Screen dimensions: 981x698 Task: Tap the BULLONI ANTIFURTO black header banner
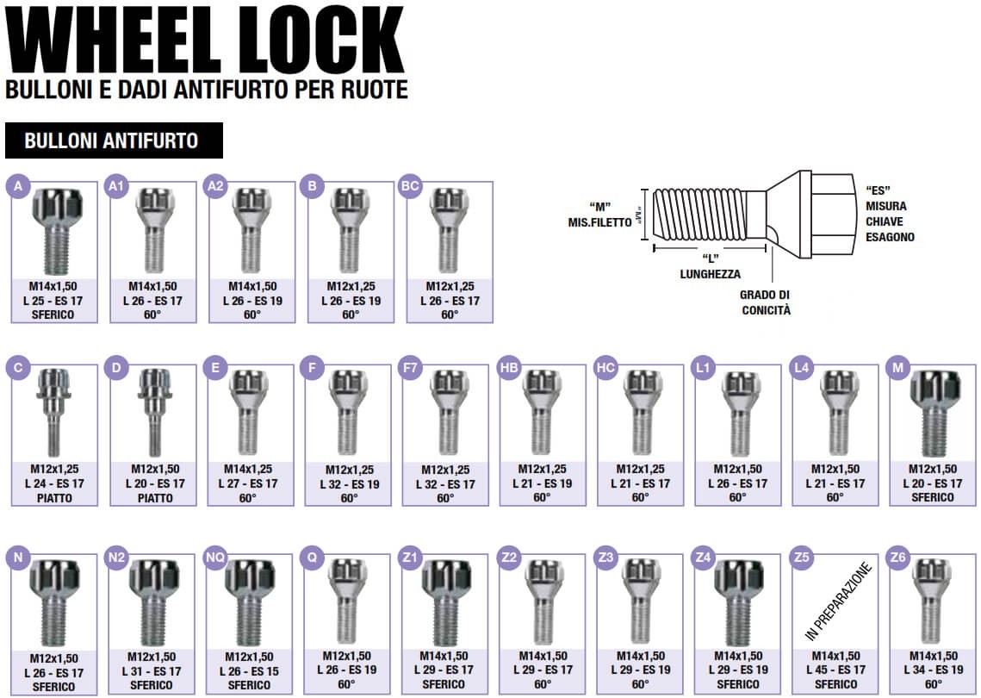(114, 140)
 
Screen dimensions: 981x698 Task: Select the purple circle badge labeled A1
(116, 186)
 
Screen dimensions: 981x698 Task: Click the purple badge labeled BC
(410, 186)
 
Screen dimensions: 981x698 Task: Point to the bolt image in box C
(53, 412)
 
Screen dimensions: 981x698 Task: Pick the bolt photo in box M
(934, 413)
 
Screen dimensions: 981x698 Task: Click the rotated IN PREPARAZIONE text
(838, 601)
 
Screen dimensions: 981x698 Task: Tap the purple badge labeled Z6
(897, 558)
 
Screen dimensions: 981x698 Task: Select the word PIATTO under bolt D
(155, 498)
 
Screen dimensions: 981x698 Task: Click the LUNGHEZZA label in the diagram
(710, 274)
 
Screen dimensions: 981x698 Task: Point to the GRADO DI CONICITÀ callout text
(766, 302)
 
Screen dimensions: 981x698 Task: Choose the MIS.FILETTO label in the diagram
(600, 222)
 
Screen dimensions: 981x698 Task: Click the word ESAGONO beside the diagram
(890, 237)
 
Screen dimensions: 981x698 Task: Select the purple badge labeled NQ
(215, 558)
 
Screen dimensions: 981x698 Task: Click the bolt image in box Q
(346, 601)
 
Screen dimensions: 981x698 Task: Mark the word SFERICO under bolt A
(53, 315)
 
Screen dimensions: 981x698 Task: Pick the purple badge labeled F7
(410, 367)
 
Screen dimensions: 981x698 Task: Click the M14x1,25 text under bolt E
(248, 469)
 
